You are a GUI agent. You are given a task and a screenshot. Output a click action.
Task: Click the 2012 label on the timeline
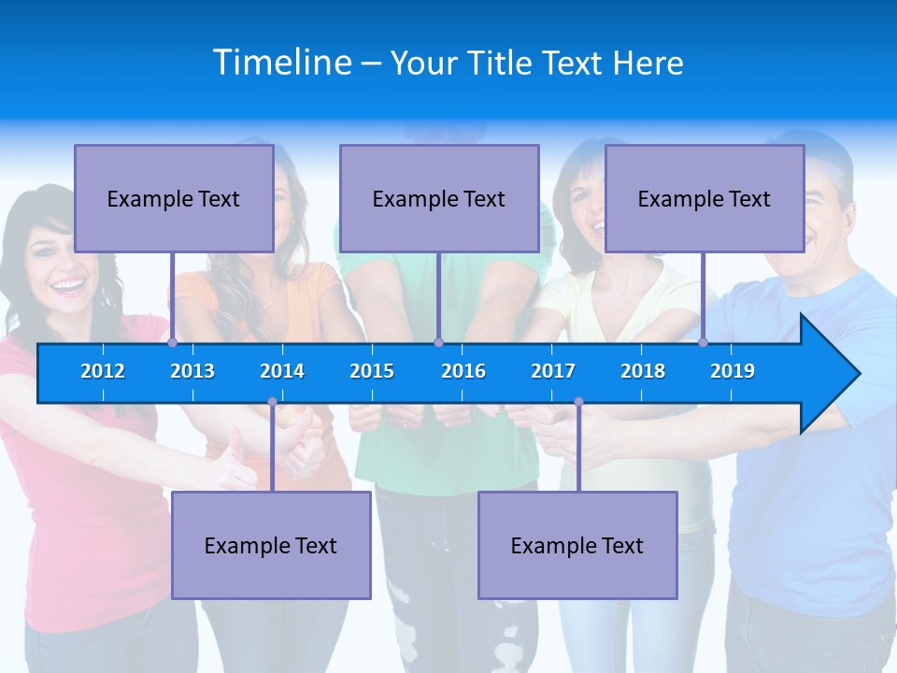click(103, 371)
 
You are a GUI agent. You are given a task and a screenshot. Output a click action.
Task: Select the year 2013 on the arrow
click(192, 371)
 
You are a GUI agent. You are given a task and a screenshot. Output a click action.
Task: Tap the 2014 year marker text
click(282, 371)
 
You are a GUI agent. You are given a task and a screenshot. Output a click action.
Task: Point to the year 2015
click(372, 371)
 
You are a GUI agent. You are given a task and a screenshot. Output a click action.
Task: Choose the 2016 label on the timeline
click(463, 371)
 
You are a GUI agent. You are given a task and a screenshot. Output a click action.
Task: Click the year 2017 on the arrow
click(553, 371)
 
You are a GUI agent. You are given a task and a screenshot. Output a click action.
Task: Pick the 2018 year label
click(643, 371)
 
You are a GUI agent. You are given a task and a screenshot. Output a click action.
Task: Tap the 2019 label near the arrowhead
click(733, 371)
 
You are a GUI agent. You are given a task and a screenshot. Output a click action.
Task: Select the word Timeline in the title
click(281, 62)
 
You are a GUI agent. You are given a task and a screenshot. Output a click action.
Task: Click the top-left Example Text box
click(174, 198)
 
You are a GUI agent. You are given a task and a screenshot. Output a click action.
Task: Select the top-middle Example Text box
click(439, 198)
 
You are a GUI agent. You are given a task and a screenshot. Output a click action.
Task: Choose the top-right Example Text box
click(705, 198)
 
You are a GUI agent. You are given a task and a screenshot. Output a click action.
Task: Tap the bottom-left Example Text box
click(271, 545)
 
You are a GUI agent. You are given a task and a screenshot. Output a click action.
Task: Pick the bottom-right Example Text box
click(577, 545)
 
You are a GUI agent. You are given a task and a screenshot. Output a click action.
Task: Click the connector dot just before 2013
click(173, 342)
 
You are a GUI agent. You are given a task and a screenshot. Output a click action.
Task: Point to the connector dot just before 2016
click(438, 342)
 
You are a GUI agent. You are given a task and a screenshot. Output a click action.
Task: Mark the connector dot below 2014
click(272, 402)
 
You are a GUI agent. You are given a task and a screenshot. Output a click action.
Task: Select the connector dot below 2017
click(578, 402)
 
